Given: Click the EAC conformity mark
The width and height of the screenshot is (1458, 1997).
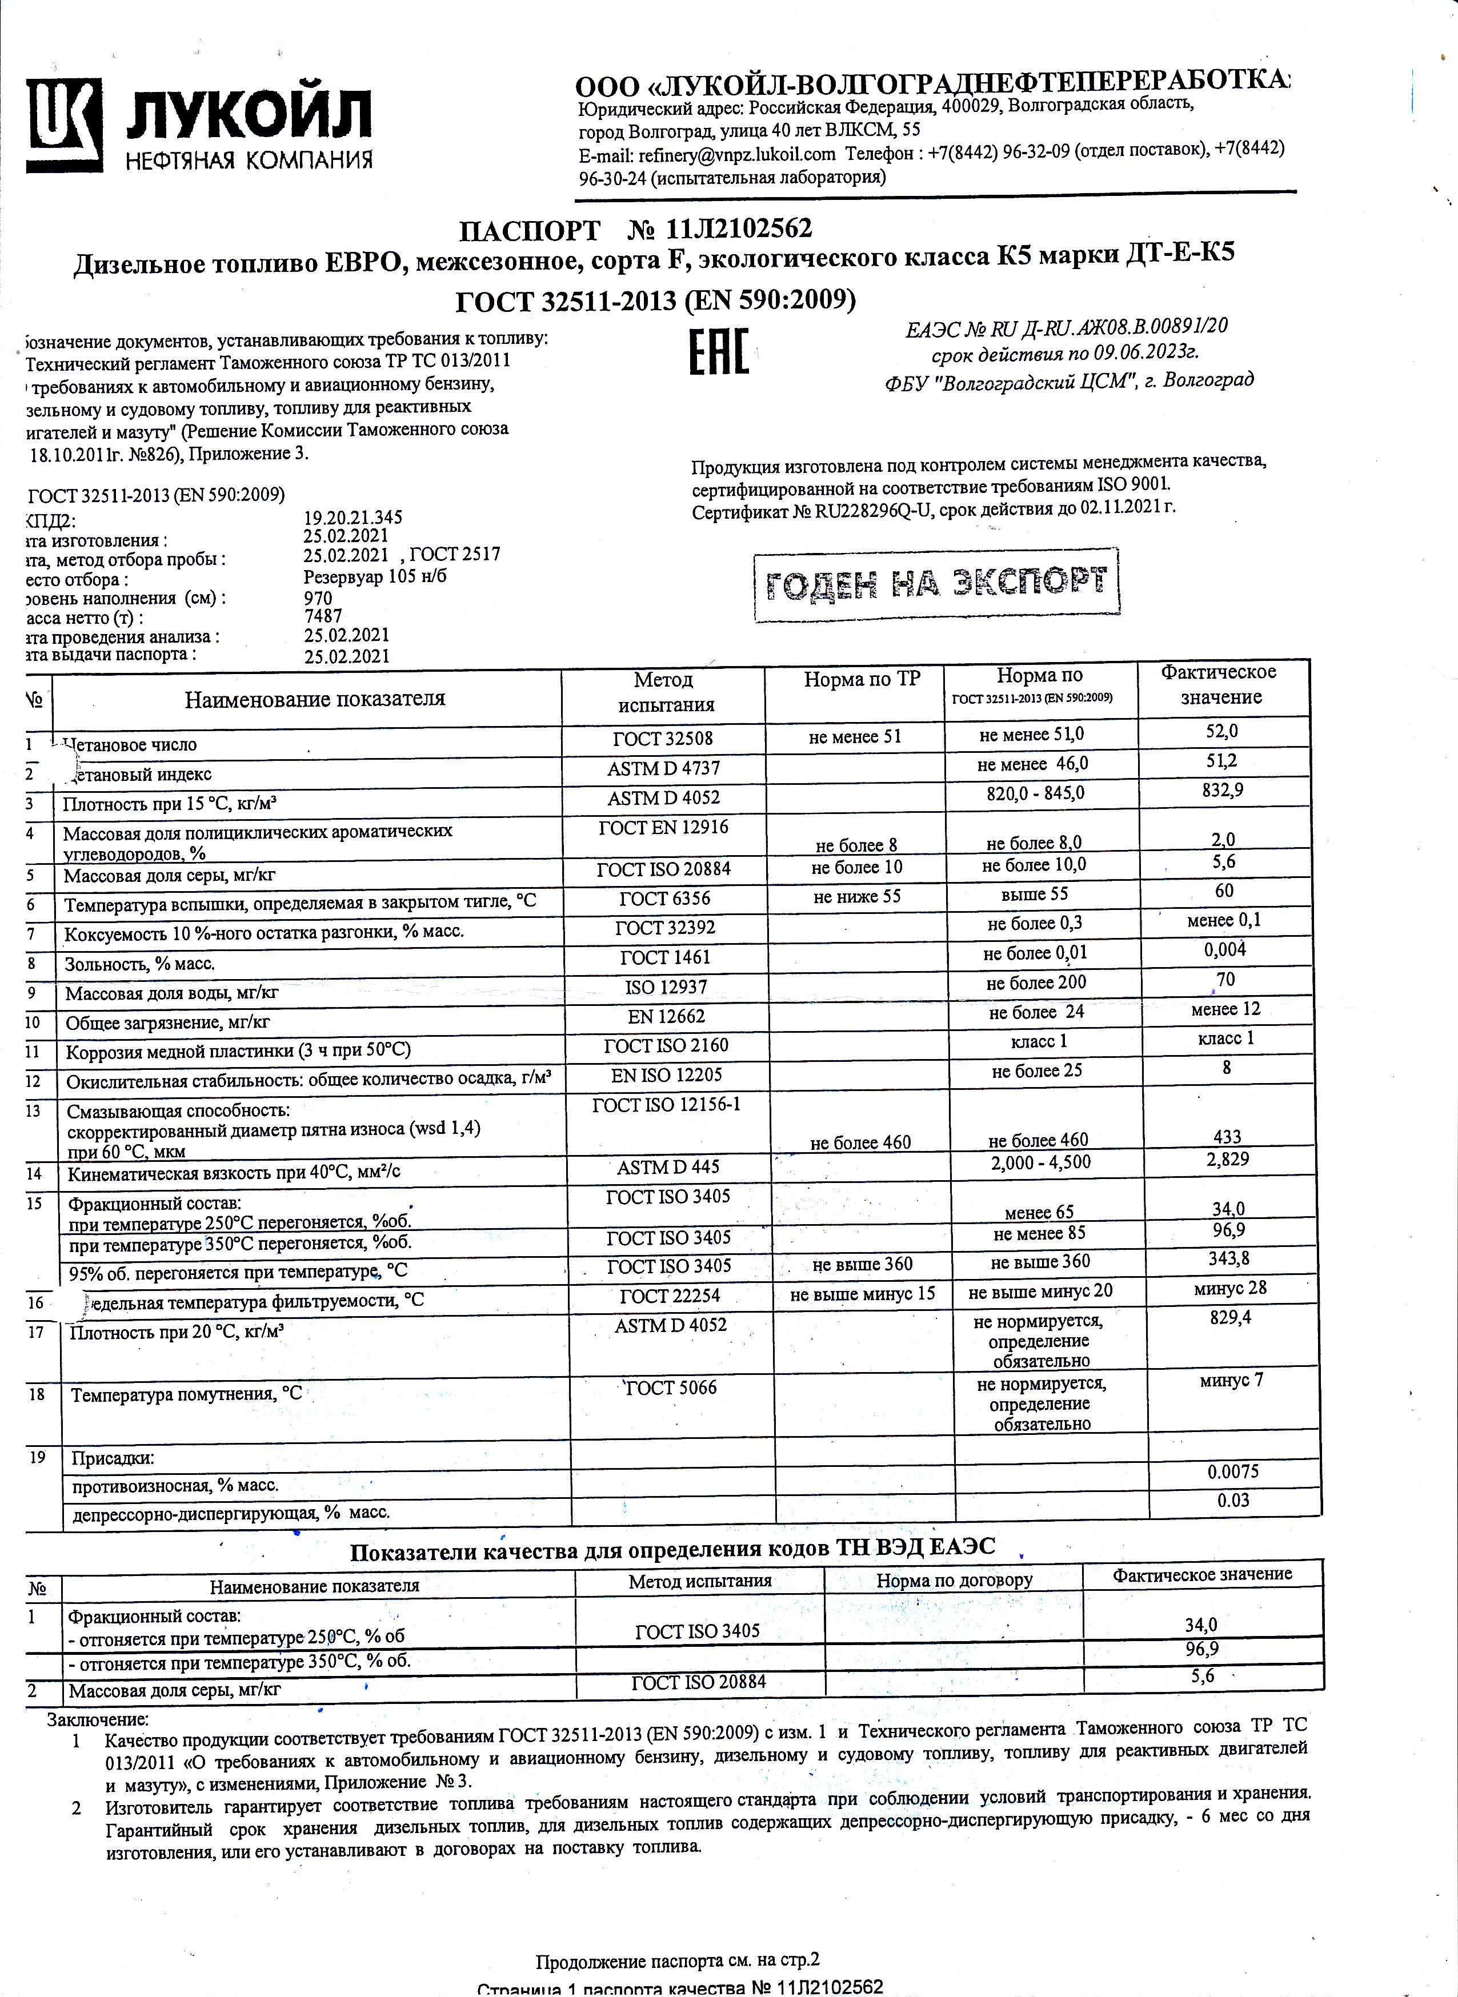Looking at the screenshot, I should [x=718, y=351].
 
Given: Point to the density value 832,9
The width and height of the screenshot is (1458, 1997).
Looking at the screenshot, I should [x=1223, y=790].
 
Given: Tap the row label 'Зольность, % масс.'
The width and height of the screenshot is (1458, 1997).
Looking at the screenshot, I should [x=139, y=964].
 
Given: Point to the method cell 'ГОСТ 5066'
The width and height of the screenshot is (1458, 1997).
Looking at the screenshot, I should [x=671, y=1388].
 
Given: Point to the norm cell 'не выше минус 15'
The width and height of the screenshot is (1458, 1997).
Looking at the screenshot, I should [x=862, y=1294].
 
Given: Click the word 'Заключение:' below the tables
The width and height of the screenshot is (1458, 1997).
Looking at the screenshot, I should [x=98, y=1719].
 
